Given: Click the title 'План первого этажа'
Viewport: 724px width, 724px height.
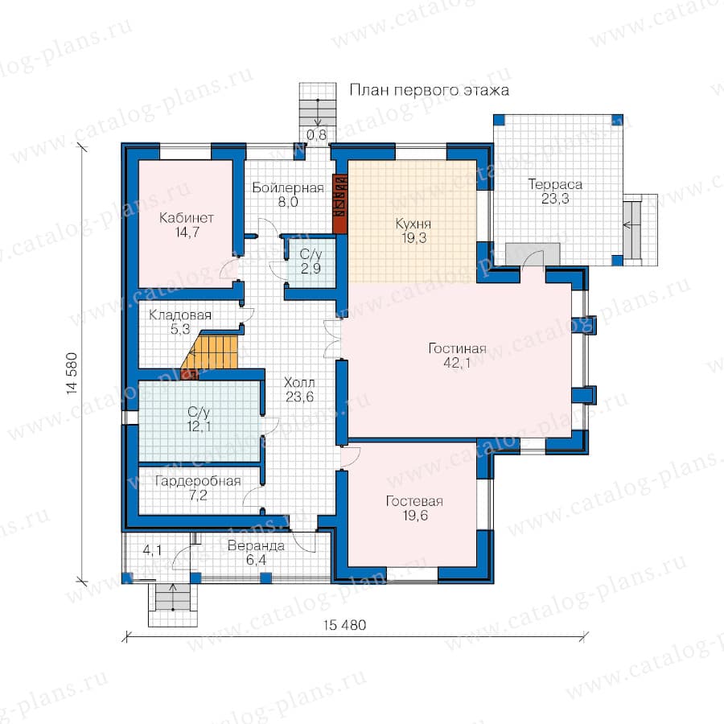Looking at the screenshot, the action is tap(429, 90).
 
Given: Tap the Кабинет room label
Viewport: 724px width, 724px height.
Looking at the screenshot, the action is tap(187, 217).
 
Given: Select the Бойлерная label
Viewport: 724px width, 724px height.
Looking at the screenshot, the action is tap(288, 188).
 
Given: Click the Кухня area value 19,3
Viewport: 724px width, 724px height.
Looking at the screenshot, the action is tap(413, 238).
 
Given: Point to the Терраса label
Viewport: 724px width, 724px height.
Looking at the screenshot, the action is tap(555, 185).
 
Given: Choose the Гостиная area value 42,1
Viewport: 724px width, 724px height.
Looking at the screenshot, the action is tap(457, 363).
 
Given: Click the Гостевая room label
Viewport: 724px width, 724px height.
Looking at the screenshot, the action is tap(414, 501).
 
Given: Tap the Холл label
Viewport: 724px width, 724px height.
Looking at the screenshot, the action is tap(300, 382).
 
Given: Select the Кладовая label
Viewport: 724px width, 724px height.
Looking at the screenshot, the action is tap(180, 315).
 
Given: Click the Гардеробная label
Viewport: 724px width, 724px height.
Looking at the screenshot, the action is tap(198, 481).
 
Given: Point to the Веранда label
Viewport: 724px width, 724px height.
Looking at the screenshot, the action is tap(256, 545).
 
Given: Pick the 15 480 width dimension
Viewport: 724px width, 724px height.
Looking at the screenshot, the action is tap(344, 625).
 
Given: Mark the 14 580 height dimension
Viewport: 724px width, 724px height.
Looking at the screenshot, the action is tap(72, 373).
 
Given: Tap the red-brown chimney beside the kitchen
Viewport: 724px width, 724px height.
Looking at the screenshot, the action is tap(339, 204).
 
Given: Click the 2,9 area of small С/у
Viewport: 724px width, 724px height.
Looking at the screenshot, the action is tap(311, 268).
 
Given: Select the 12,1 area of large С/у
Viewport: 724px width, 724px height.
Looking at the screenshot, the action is tap(199, 426).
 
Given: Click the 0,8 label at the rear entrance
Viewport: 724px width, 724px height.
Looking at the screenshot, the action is tap(316, 135).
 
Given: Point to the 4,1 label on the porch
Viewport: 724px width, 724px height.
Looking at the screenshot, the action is tap(152, 550).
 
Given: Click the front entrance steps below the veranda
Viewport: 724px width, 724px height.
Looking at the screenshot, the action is tap(173, 605).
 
